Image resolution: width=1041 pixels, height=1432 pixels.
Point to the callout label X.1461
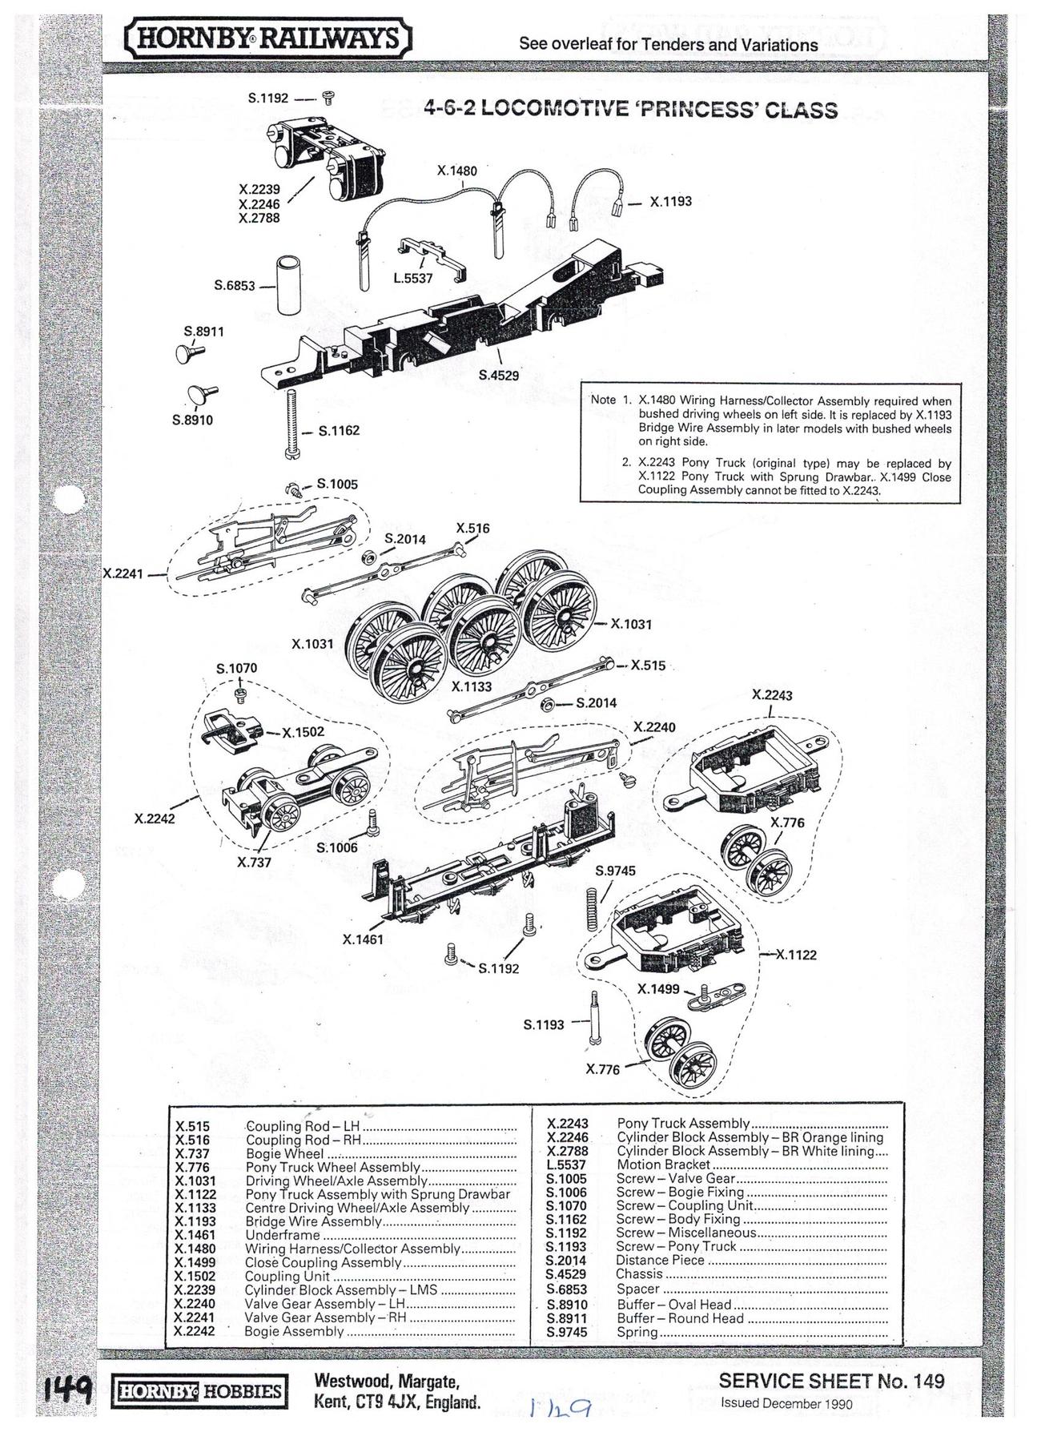coord(363,939)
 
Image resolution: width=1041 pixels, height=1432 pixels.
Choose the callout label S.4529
coord(499,374)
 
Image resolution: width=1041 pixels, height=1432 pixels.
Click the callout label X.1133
coord(472,686)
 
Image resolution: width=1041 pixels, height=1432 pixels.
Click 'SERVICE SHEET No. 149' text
coord(831,1380)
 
